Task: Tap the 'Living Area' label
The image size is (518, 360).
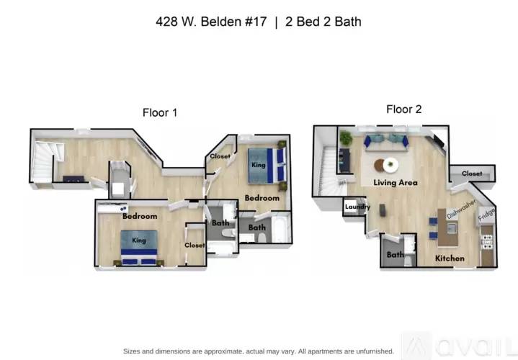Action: (x=395, y=183)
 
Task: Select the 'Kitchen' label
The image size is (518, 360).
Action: (x=450, y=258)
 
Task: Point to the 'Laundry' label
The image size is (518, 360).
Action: (x=357, y=207)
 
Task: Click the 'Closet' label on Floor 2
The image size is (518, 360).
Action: (x=472, y=174)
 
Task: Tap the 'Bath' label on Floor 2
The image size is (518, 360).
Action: (x=395, y=254)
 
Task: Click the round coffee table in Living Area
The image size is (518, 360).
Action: (x=389, y=165)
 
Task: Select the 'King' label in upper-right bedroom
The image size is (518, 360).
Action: (x=258, y=165)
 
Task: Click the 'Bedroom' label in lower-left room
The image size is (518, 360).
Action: (x=139, y=216)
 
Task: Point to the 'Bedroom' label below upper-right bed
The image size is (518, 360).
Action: (x=262, y=197)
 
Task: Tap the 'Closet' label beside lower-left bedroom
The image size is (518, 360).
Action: (x=194, y=245)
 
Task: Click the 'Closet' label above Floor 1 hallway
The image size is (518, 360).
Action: (x=219, y=156)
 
